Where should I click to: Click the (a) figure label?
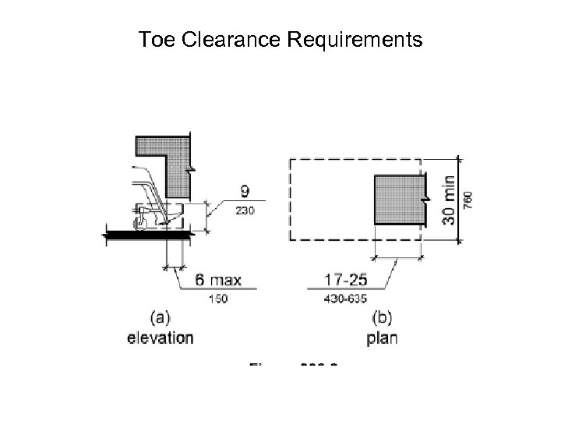[161, 317]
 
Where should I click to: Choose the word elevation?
[161, 338]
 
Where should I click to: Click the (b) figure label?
[383, 317]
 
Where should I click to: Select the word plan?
[382, 338]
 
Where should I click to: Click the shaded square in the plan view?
[397, 200]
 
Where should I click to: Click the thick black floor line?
[149, 233]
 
